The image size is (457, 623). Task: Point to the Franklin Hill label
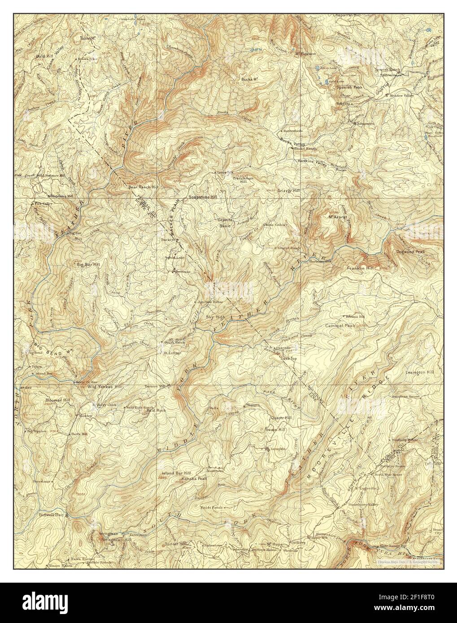point(360,268)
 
